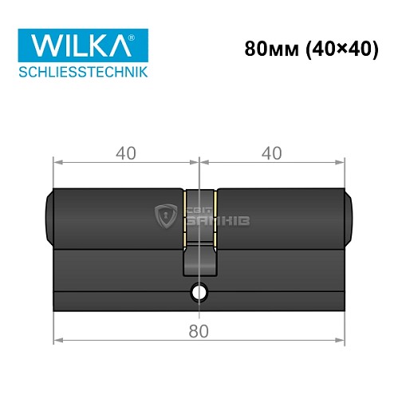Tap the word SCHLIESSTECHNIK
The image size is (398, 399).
click(84, 73)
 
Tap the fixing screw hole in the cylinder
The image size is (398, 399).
click(199, 294)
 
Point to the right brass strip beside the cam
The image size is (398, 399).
click(215, 217)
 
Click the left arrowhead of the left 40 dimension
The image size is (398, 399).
click(57, 163)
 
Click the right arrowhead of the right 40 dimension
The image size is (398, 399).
click(345, 163)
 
